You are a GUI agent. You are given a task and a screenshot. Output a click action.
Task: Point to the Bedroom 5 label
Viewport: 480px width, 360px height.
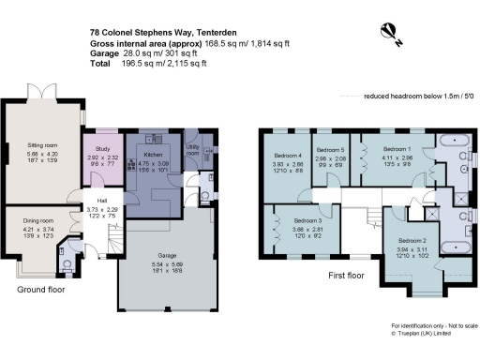point(330,151)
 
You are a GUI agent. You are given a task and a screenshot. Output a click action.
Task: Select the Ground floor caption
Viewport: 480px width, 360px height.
point(39,292)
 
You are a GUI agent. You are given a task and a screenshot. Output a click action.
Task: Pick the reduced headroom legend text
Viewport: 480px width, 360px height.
point(422,96)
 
